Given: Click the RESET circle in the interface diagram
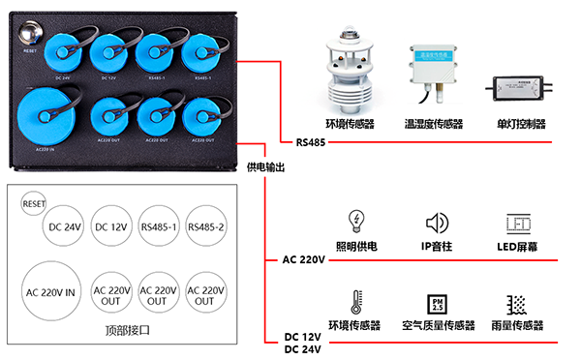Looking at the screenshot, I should click(35, 203).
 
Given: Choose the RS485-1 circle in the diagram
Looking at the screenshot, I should click(159, 226).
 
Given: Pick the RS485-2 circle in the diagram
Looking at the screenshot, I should click(205, 226).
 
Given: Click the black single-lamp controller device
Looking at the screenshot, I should click(520, 86).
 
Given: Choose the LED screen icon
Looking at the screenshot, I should click(520, 223).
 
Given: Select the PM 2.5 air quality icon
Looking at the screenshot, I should click(437, 303).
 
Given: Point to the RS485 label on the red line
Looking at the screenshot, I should click(310, 143).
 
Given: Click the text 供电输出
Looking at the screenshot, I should click(266, 165).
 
